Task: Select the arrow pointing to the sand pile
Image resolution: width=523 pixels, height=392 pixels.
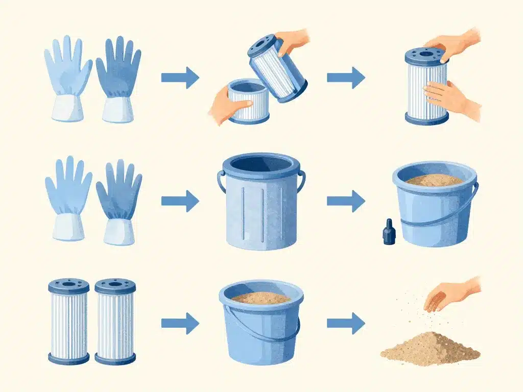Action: coord(345,324)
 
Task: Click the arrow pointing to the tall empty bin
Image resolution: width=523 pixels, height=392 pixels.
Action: coord(180,201)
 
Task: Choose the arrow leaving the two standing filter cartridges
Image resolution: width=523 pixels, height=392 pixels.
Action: coord(180,324)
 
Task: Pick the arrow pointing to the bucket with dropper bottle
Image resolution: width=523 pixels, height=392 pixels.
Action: coord(345,201)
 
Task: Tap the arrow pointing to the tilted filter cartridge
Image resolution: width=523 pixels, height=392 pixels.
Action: coord(180,78)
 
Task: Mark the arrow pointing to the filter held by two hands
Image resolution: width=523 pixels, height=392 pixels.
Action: coord(345,78)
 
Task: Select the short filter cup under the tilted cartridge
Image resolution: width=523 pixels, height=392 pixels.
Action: coord(247,102)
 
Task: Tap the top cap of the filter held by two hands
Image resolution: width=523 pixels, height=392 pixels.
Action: coord(426,56)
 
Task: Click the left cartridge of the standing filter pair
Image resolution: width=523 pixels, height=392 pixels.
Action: coord(68,321)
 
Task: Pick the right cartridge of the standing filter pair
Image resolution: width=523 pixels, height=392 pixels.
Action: coord(115,321)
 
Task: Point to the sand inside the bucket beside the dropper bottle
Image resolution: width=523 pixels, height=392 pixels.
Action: coord(434,180)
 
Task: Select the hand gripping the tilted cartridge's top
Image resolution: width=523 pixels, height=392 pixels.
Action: coord(293,41)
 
